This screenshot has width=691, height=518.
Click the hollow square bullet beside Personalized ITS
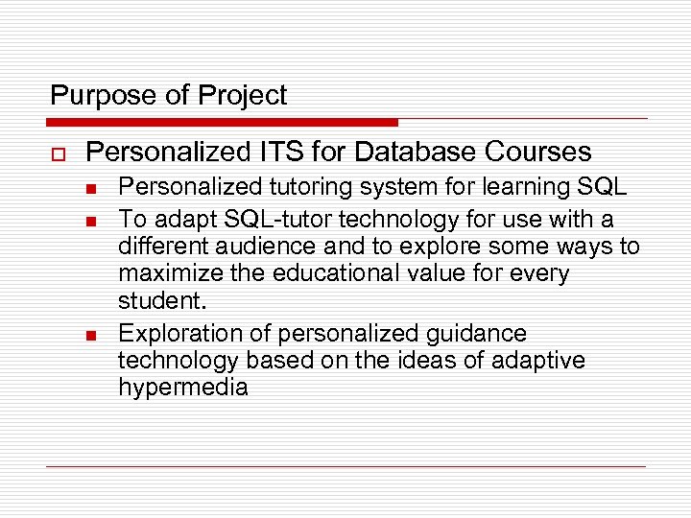pyautogui.click(x=56, y=153)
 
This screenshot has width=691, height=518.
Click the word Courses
pyautogui.click(x=539, y=152)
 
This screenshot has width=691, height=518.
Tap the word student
pyautogui.click(x=161, y=301)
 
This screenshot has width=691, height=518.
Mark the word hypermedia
pyautogui.click(x=183, y=388)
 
